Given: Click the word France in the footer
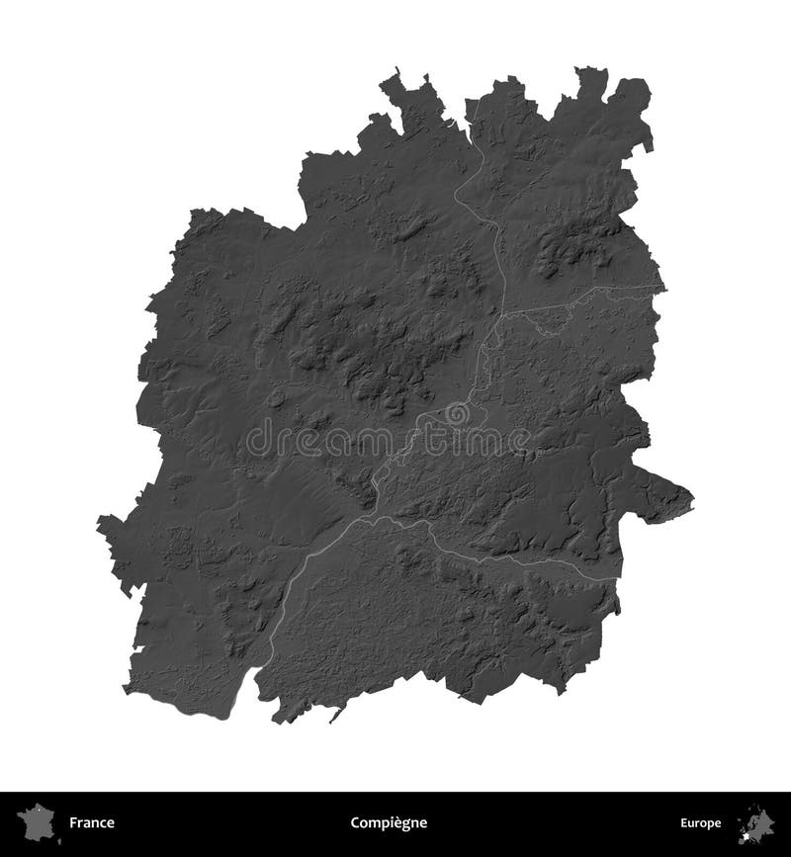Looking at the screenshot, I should click(x=91, y=822).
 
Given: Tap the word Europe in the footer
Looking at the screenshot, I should click(x=699, y=822).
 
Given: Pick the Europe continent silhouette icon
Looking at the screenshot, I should click(x=757, y=820).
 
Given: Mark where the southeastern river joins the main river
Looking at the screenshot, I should click(x=426, y=524).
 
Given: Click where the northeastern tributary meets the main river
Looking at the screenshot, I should click(x=503, y=310).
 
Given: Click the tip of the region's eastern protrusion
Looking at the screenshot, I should click(x=693, y=497).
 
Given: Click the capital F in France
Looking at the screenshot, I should click(x=72, y=822).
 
